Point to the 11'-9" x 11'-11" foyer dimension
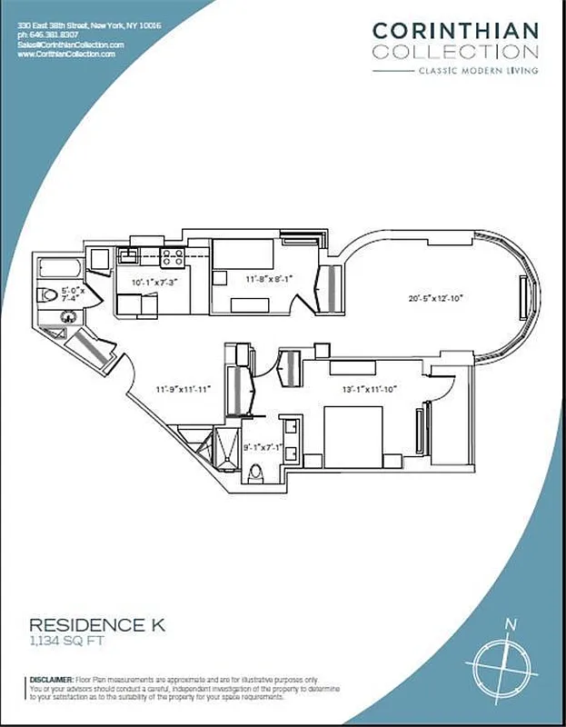pos(183,389)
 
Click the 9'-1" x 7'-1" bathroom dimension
pos(264,446)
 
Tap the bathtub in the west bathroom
pos(60,269)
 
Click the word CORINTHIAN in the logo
pos(455,30)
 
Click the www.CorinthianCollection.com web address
pos(66,55)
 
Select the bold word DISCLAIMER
pos(52,679)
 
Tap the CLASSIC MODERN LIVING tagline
pos(477,70)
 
